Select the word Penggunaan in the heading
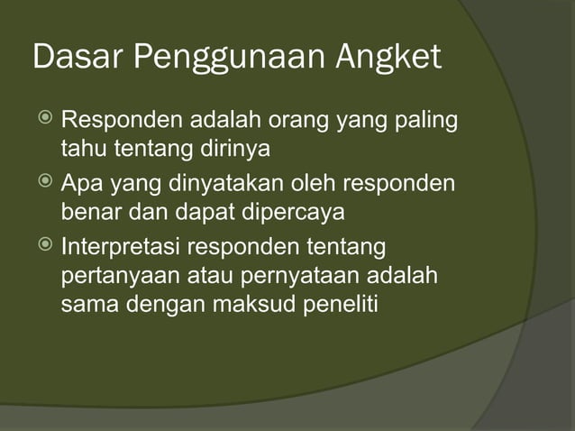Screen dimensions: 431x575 coord(230,60)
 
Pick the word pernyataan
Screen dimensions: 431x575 coord(307,274)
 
